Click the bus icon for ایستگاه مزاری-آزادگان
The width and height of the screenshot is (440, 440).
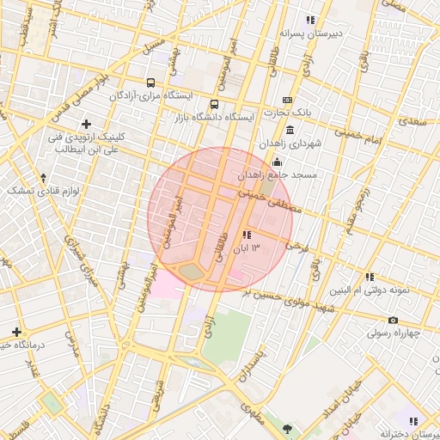(x=151, y=83)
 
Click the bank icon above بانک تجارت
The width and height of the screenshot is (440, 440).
(x=287, y=100)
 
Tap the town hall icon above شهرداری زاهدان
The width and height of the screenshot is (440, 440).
(x=290, y=131)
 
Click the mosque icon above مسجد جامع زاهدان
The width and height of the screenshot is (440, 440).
(x=277, y=162)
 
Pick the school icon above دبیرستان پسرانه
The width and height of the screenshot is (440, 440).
(x=310, y=20)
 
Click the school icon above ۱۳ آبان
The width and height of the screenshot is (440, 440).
(x=247, y=235)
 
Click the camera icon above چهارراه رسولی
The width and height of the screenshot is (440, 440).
(x=393, y=321)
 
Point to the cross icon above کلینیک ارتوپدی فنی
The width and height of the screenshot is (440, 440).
(x=86, y=124)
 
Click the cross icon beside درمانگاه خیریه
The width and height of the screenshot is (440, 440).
(x=16, y=332)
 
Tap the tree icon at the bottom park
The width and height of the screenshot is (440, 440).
(x=286, y=428)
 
